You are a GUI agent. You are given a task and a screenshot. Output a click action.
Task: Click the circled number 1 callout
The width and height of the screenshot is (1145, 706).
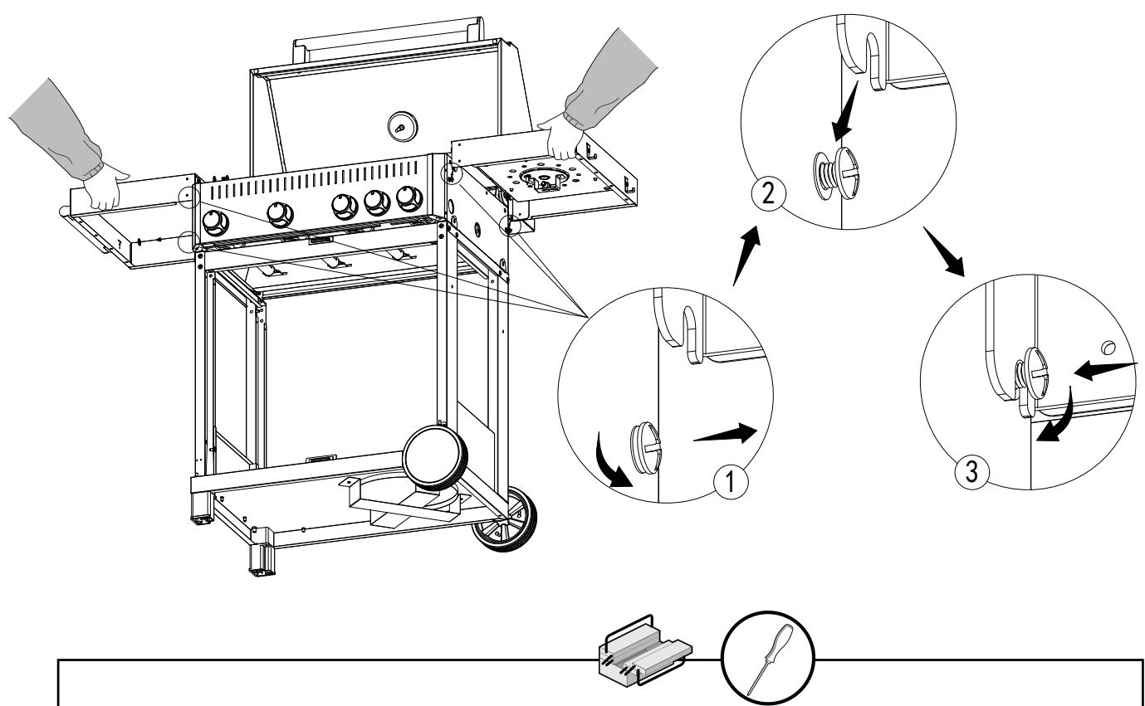731,481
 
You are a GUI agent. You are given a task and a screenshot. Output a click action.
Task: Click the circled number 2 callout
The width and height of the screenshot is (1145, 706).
768,193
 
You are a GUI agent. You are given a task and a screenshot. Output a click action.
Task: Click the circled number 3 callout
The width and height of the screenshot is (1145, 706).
971,471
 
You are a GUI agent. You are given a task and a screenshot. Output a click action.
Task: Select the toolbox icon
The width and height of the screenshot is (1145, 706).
645,650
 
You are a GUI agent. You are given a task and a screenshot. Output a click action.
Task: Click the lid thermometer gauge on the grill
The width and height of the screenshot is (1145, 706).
402,127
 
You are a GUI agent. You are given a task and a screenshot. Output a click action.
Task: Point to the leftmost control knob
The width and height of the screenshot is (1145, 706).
215,222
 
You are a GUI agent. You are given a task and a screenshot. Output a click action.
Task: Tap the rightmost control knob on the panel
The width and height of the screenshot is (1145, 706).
409,199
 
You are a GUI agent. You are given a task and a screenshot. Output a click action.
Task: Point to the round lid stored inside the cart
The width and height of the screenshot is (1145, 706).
435,458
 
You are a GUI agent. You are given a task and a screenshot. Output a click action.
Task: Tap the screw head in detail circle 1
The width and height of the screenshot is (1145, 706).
646,447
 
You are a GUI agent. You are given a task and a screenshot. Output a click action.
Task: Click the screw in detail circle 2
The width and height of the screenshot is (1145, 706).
836,173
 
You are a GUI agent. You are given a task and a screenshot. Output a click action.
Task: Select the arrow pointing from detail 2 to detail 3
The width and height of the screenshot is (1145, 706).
944,251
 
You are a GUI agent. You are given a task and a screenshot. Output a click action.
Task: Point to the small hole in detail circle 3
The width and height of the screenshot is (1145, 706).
1108,348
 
